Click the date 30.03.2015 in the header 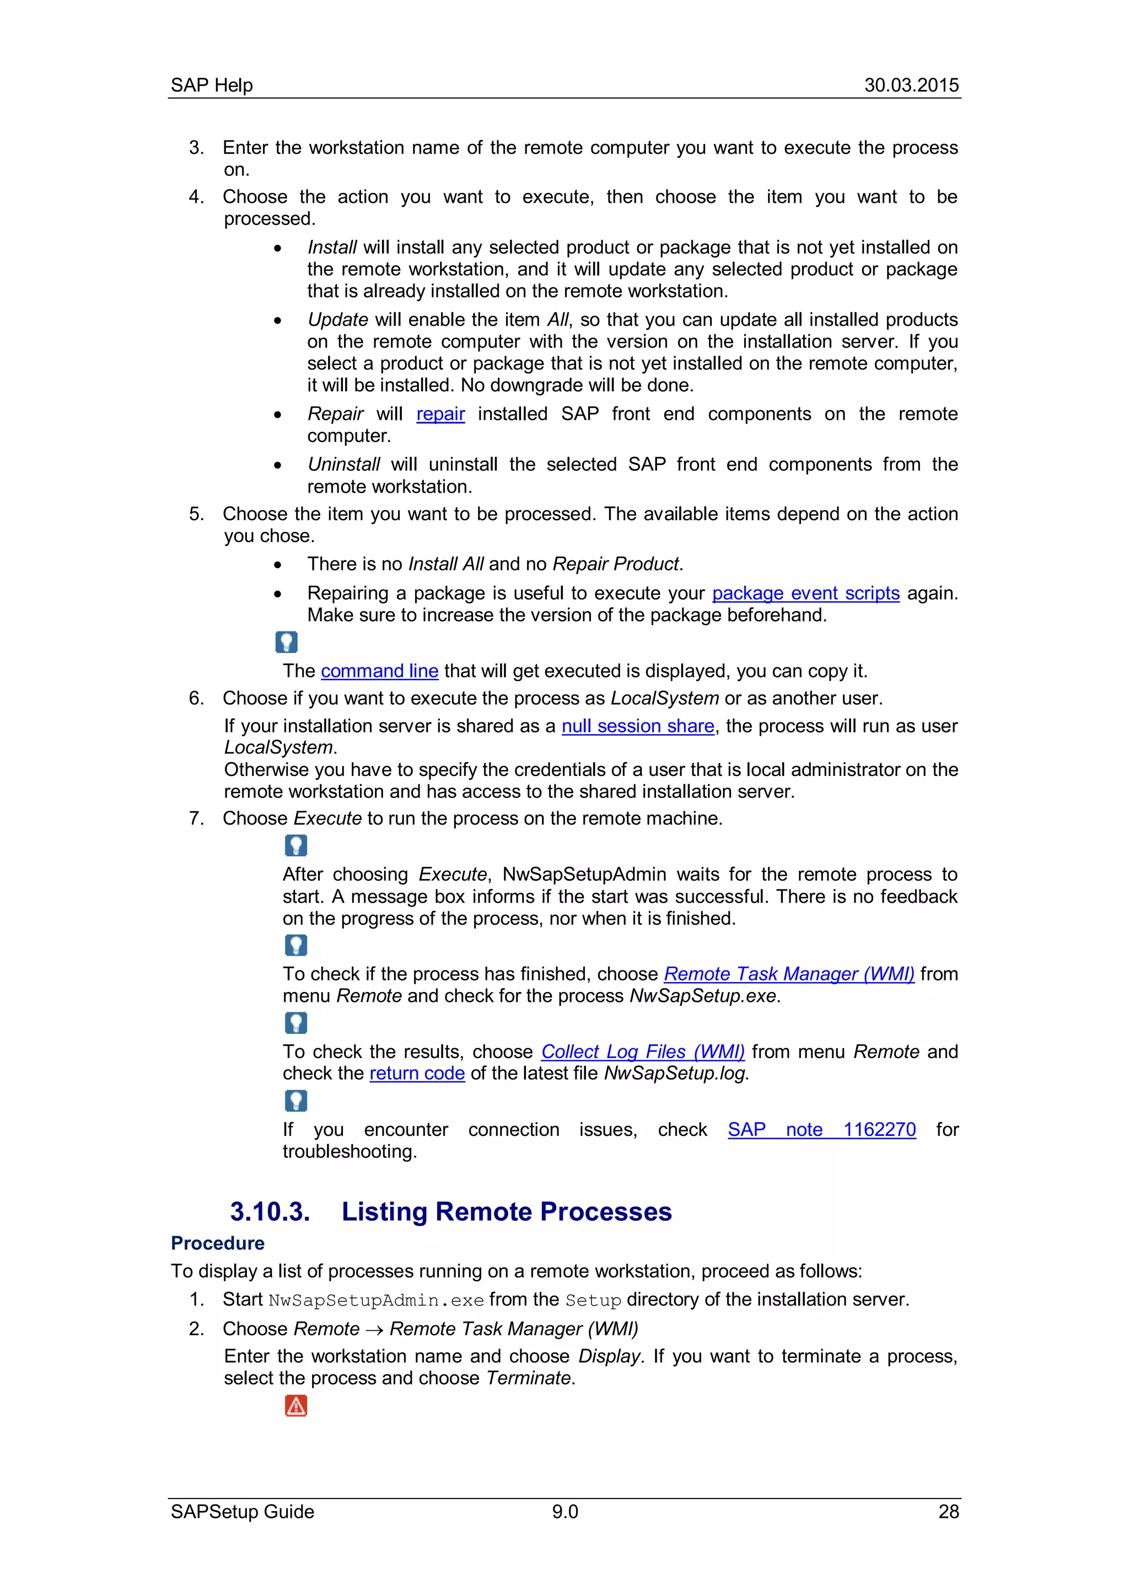point(911,85)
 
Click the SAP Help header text point(211,85)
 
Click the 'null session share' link point(637,726)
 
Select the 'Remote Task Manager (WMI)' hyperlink point(788,974)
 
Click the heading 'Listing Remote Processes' point(506,1211)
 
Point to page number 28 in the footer point(948,1511)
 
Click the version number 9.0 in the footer point(564,1511)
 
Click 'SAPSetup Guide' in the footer point(242,1511)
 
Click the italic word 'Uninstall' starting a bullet point(343,465)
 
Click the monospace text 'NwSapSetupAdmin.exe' point(375,1300)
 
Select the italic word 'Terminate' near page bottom point(528,1378)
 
